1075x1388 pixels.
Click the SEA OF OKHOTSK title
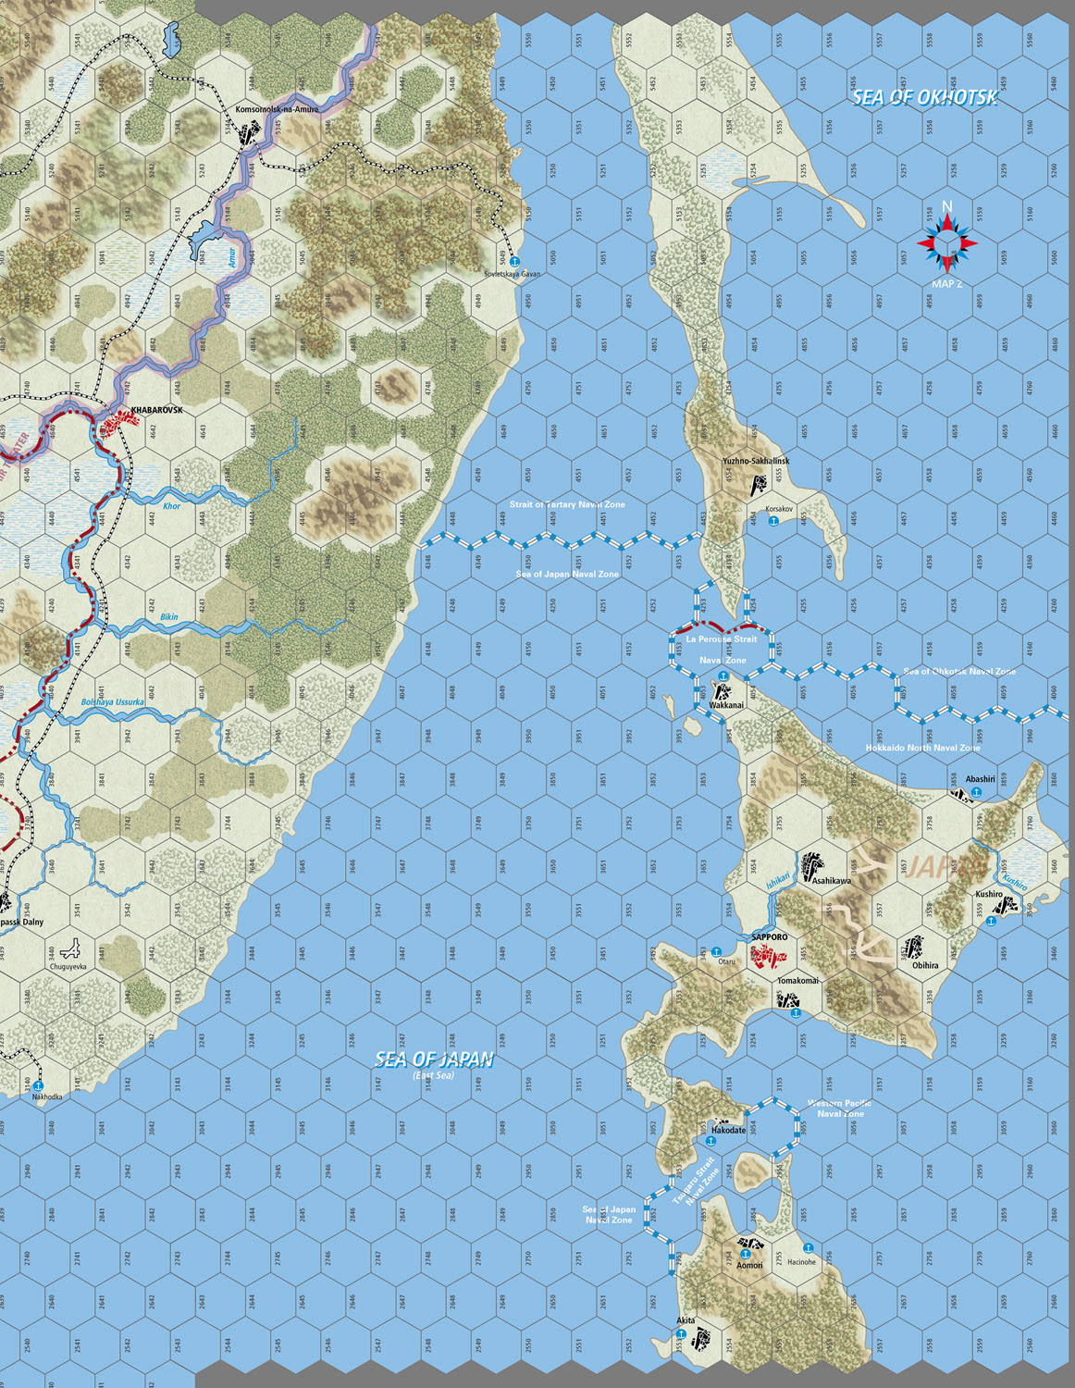pos(924,97)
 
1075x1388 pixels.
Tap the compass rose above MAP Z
pos(947,242)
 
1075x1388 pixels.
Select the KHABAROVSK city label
pos(156,410)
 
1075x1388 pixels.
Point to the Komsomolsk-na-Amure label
pos(277,109)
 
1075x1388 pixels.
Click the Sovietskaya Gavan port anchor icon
pos(515,263)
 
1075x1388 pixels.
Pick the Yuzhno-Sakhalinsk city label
pos(756,461)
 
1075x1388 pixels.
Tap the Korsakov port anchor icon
pos(773,522)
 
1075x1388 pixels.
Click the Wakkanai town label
pos(726,705)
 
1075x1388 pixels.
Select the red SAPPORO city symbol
pos(763,957)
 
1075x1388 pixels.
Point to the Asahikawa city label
pos(831,881)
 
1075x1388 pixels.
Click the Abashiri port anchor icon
pos(976,793)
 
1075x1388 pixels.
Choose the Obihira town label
pos(925,965)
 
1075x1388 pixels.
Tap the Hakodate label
pos(728,1131)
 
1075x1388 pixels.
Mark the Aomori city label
pos(750,1265)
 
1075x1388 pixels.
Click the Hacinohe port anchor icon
pos(808,1248)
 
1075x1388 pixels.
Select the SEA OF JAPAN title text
pos(434,1060)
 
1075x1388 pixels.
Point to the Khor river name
pos(171,506)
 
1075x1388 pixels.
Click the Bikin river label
pos(169,617)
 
